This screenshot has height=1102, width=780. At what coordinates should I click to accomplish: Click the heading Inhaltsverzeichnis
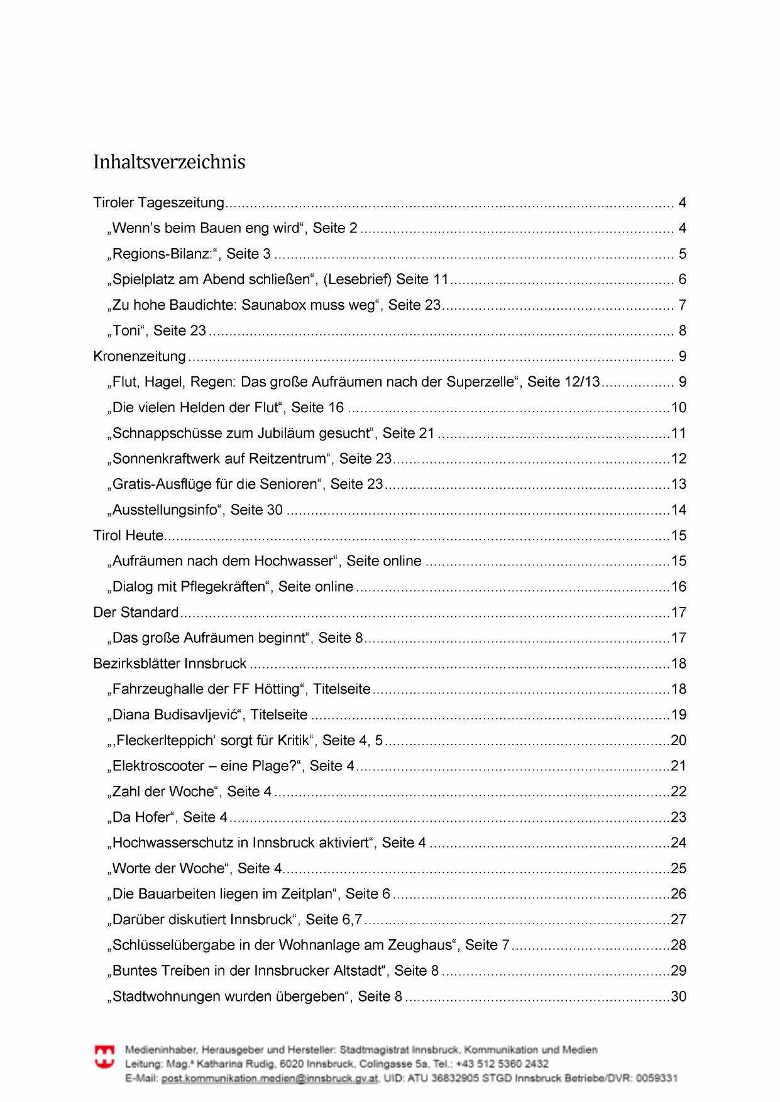(x=169, y=162)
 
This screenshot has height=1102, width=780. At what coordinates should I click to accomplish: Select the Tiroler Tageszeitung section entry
(x=158, y=203)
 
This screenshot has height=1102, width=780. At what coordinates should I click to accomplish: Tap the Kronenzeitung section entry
(x=140, y=357)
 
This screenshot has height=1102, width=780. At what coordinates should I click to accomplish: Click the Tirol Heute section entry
(x=128, y=536)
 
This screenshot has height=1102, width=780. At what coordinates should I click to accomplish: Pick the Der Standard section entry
(x=136, y=613)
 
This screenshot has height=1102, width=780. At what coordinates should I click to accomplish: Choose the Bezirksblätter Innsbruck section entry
(x=170, y=664)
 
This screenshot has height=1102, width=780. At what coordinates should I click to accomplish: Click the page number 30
(x=679, y=997)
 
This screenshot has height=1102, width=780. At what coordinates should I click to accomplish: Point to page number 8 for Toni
(x=682, y=331)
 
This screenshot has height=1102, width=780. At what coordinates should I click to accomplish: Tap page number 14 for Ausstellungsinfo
(x=679, y=510)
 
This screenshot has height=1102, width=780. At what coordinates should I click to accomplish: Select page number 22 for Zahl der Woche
(x=679, y=792)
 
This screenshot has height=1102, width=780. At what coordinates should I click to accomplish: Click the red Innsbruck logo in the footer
(x=104, y=1057)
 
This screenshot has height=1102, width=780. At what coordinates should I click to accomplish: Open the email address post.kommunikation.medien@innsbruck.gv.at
(x=270, y=1079)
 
